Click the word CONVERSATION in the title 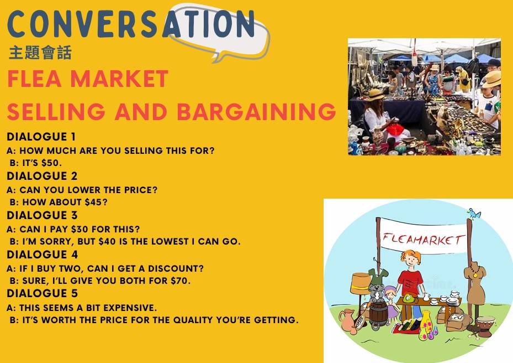click(x=131, y=24)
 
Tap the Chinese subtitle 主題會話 click(x=40, y=53)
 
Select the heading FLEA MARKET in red click(x=88, y=79)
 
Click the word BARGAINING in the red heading click(x=256, y=111)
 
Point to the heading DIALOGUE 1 click(x=41, y=137)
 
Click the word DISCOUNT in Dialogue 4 click(x=176, y=268)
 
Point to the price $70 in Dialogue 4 click(x=179, y=281)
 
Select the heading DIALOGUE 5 click(x=42, y=293)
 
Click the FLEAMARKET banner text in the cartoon click(x=424, y=239)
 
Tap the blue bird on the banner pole click(x=474, y=214)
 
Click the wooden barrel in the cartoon click(x=378, y=314)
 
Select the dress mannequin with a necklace click(x=475, y=284)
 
